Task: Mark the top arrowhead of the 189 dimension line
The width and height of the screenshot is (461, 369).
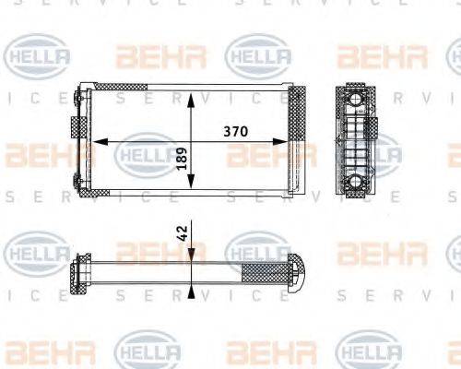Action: pyautogui.click(x=190, y=96)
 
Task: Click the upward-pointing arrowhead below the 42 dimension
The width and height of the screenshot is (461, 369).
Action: pyautogui.click(x=190, y=292)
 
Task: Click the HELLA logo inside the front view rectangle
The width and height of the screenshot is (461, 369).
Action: pyautogui.click(x=148, y=152)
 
